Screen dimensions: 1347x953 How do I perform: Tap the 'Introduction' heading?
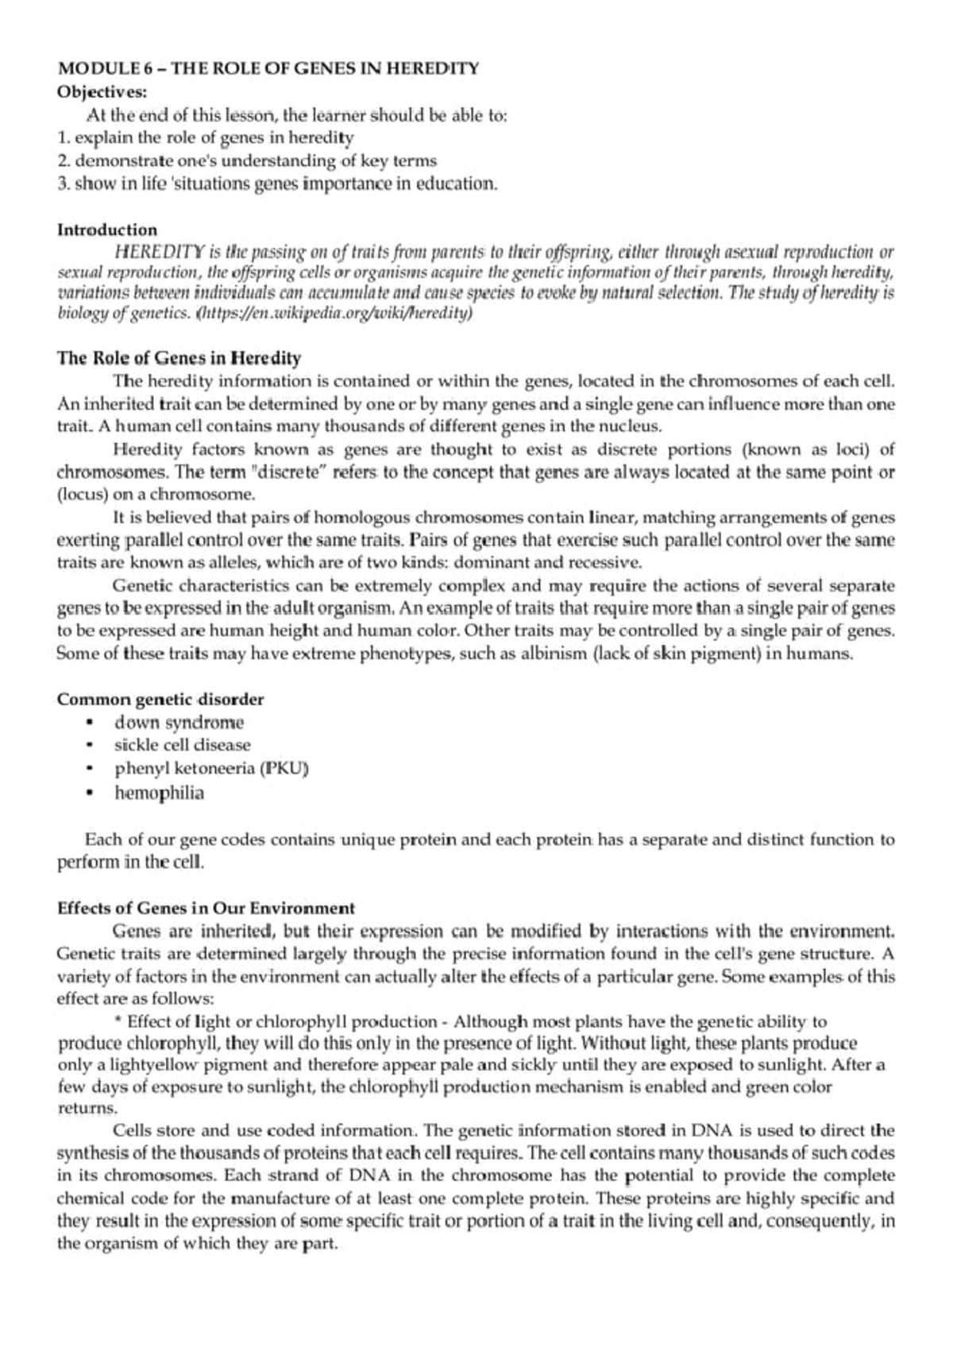click(x=107, y=230)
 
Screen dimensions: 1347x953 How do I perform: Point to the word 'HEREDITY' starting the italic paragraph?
click(x=160, y=253)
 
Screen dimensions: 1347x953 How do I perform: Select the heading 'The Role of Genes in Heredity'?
click(x=179, y=357)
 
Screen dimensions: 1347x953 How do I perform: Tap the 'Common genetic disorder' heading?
click(x=160, y=700)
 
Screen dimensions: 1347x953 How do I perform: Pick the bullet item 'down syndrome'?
click(x=179, y=723)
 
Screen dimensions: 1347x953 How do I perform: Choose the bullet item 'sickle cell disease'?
click(x=182, y=746)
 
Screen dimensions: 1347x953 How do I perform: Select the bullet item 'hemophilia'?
click(x=159, y=793)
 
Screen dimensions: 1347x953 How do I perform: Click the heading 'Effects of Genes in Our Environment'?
click(x=206, y=908)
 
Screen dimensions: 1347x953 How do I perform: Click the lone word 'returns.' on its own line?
click(x=76, y=1107)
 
